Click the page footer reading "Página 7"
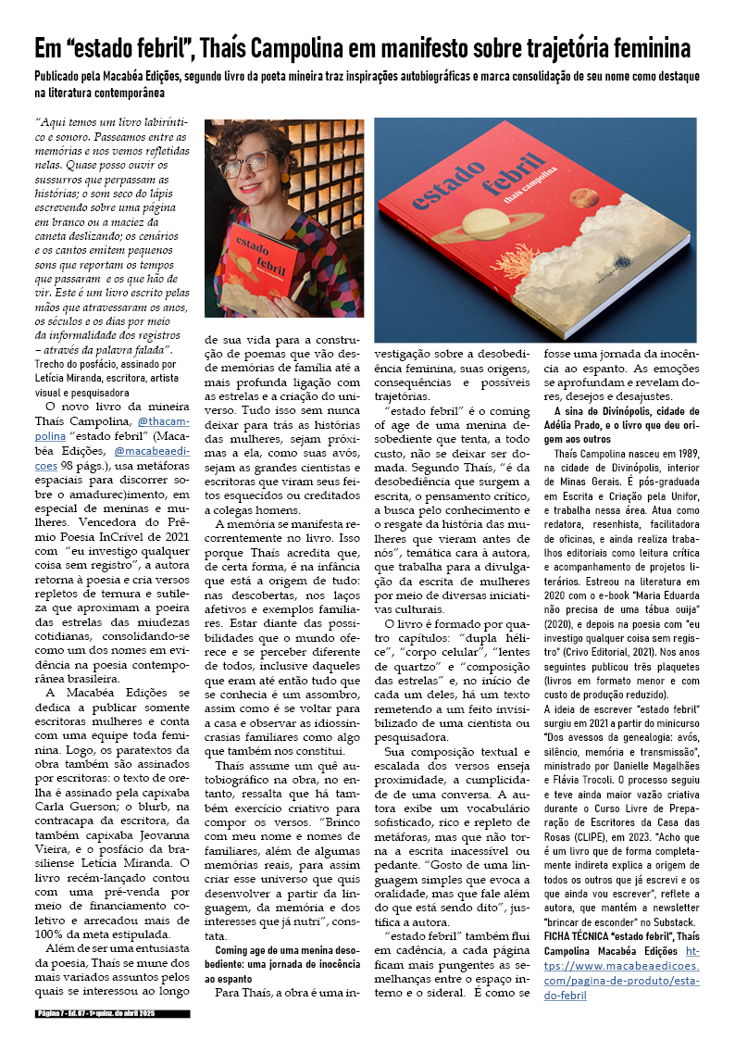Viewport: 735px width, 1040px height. [x=56, y=1014]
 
